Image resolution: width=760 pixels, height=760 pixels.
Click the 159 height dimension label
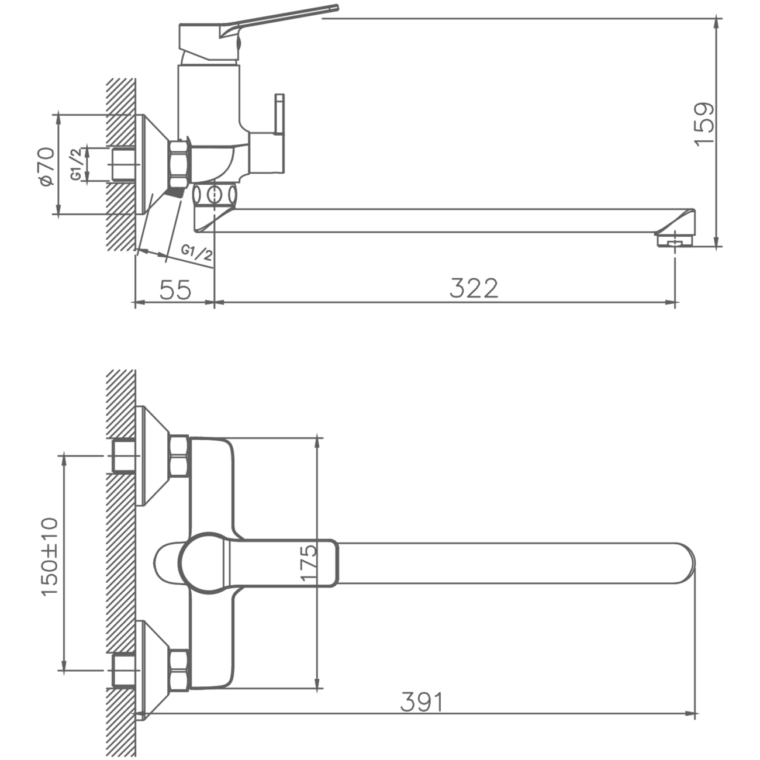704,124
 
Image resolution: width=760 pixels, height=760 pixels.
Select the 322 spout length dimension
474,288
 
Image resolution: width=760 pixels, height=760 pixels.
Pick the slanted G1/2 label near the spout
197,253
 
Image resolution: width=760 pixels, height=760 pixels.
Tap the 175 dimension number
308,562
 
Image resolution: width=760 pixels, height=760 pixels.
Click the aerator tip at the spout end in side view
675,240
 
